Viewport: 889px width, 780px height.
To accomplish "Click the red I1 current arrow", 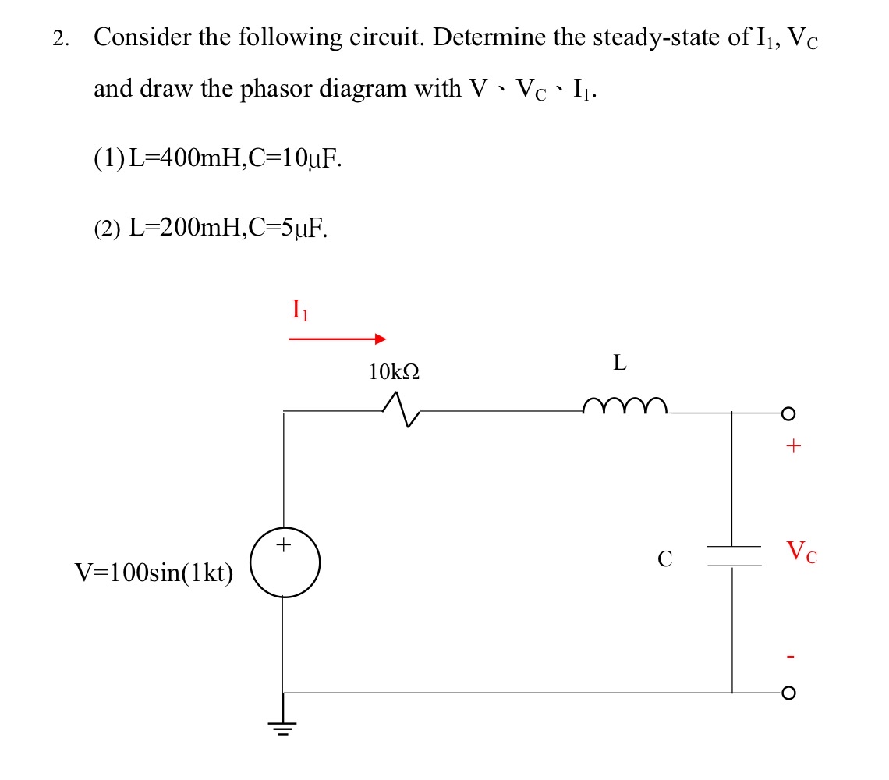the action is [x=337, y=339].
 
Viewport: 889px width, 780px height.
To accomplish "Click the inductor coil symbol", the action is [x=625, y=404].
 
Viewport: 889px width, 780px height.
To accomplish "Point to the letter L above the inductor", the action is [x=620, y=363].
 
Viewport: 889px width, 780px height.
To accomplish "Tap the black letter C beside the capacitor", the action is [x=664, y=558].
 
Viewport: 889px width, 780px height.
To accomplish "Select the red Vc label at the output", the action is [x=801, y=553].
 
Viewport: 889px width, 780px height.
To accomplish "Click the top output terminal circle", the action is [x=790, y=413].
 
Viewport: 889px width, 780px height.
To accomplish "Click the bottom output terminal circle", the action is [x=790, y=692].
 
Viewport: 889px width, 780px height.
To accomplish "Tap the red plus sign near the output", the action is [x=793, y=447].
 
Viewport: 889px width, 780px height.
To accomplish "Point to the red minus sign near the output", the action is [x=792, y=658].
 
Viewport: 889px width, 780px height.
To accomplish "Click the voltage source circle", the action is [x=284, y=563].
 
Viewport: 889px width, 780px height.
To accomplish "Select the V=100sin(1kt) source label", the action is [x=154, y=573].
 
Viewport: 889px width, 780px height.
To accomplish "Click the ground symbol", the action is [x=282, y=726].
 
